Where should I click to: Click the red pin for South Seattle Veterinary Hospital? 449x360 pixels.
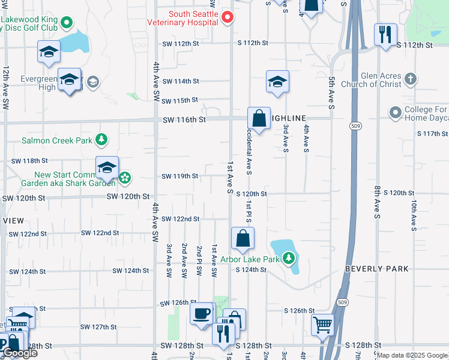click(x=228, y=17)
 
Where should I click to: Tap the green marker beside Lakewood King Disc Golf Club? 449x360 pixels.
click(x=67, y=24)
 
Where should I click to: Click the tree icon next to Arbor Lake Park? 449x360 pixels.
click(x=289, y=259)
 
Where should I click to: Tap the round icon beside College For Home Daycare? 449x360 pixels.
click(x=395, y=113)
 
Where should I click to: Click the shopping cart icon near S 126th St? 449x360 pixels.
click(x=322, y=325)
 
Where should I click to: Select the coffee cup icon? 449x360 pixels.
click(x=201, y=313)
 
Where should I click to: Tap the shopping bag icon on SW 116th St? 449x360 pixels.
click(x=259, y=118)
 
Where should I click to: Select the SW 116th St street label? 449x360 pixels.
click(x=184, y=120)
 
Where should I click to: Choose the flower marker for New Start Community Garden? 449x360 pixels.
click(x=125, y=178)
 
